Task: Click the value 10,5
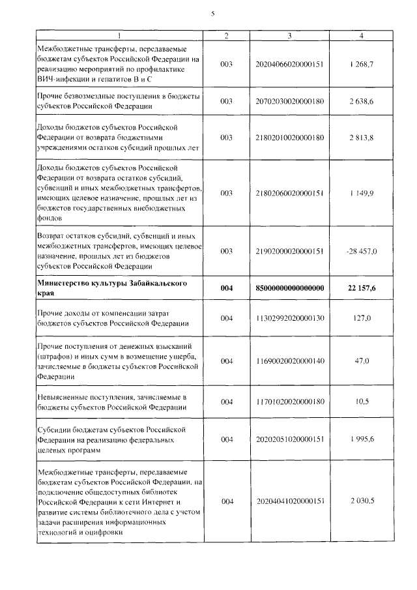[x=362, y=402]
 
